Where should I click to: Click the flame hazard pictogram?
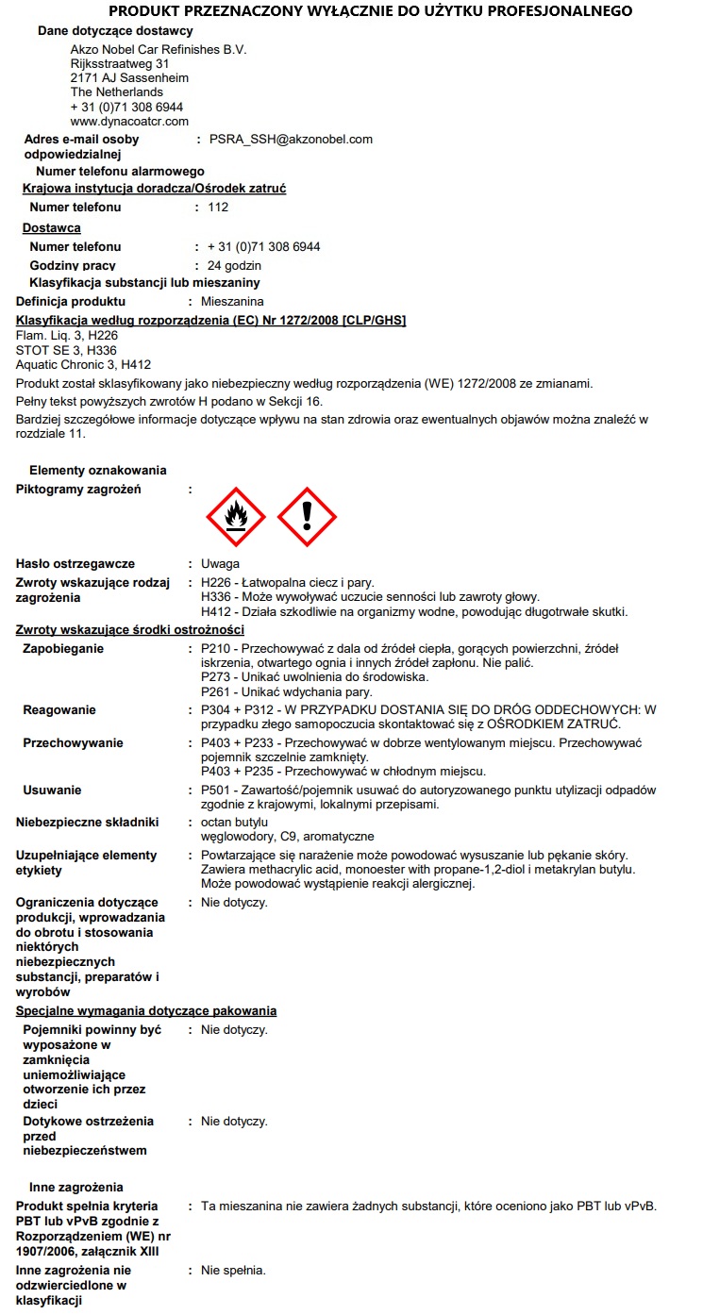click(236, 517)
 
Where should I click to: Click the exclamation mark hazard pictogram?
click(307, 517)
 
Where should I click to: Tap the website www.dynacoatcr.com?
click(129, 122)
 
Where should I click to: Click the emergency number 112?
click(218, 208)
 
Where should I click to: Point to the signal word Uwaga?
click(220, 564)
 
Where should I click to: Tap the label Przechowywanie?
click(73, 743)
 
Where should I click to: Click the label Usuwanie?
click(52, 791)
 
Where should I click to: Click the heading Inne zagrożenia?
click(76, 1188)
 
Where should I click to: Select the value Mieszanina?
click(233, 302)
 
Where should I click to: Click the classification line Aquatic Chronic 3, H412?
click(83, 365)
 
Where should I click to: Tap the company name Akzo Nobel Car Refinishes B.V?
click(159, 50)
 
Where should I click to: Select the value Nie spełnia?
click(233, 1271)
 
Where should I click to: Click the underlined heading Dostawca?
click(51, 228)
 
